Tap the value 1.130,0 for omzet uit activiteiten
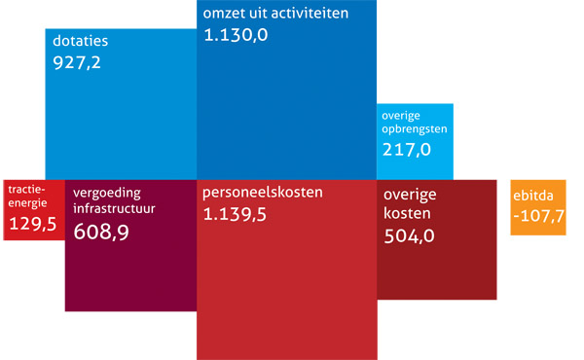tap(237, 36)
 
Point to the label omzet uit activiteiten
tap(275, 16)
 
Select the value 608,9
tap(101, 232)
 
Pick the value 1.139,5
tap(237, 214)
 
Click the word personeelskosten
tap(262, 193)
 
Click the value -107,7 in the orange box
tap(537, 216)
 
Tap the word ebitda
tap(533, 196)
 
